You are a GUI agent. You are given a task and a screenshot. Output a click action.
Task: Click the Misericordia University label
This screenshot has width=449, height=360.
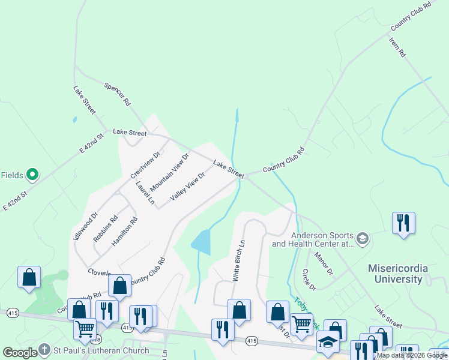tap(398, 273)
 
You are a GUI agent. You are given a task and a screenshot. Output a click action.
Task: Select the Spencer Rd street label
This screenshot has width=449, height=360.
tap(118, 94)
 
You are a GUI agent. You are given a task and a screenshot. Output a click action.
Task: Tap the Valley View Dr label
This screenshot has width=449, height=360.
tap(188, 186)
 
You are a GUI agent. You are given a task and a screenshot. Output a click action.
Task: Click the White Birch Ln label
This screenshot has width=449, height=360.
tap(239, 261)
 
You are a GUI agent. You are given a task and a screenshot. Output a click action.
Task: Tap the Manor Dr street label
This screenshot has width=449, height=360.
tap(324, 263)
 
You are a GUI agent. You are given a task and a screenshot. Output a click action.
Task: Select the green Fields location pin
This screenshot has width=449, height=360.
tap(33, 175)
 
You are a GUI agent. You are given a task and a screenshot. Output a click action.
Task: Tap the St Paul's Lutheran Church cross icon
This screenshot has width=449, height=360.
tap(44, 349)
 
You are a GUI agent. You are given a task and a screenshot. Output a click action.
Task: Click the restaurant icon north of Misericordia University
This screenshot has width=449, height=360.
tap(402, 223)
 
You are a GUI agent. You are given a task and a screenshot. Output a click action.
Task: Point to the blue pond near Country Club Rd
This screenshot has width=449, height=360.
tap(201, 242)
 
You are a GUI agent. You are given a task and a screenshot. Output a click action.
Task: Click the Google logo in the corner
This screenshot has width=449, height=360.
tap(20, 353)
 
